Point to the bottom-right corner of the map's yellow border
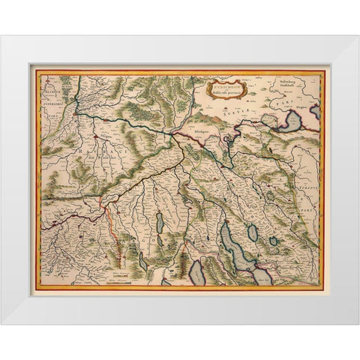pos(324,290)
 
